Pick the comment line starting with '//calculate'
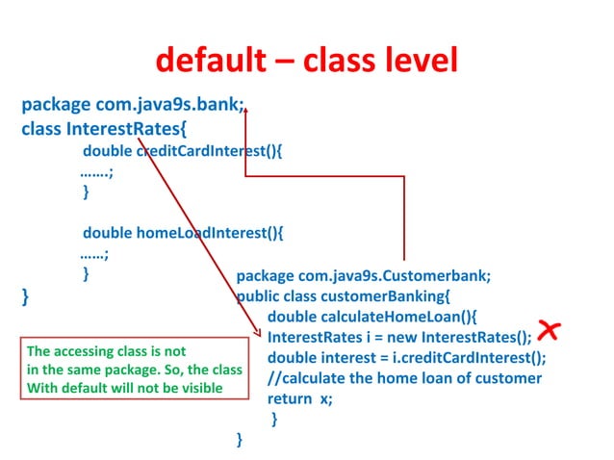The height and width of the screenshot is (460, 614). point(404,378)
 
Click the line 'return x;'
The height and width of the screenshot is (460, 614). point(299,398)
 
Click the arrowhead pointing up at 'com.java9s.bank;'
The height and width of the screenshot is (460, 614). point(246,113)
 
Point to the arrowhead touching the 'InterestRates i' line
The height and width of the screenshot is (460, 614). point(258,333)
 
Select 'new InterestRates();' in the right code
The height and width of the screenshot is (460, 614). point(463,337)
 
